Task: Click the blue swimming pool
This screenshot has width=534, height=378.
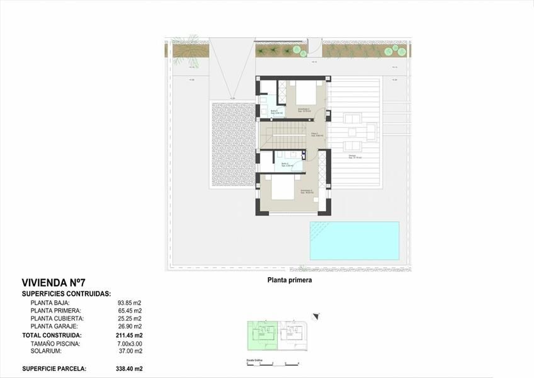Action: (354, 241)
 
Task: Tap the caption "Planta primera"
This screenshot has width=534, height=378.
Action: (290, 281)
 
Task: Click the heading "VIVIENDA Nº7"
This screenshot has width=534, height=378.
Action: (54, 283)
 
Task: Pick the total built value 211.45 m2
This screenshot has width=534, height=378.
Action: (128, 336)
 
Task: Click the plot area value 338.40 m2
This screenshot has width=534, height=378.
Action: (128, 369)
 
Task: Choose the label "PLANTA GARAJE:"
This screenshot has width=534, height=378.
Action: (54, 327)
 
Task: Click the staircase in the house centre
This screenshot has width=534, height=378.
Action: (287, 135)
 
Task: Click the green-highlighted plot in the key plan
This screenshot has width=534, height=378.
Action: (261, 335)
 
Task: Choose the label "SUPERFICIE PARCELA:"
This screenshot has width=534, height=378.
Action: (54, 369)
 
